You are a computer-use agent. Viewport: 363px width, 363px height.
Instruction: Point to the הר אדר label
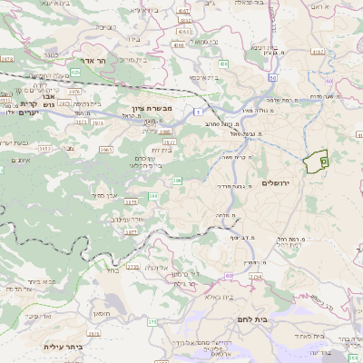pos(94,61)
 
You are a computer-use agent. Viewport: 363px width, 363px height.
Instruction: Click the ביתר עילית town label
pos(63,346)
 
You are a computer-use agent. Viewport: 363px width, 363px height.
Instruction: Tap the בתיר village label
pos(112,270)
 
